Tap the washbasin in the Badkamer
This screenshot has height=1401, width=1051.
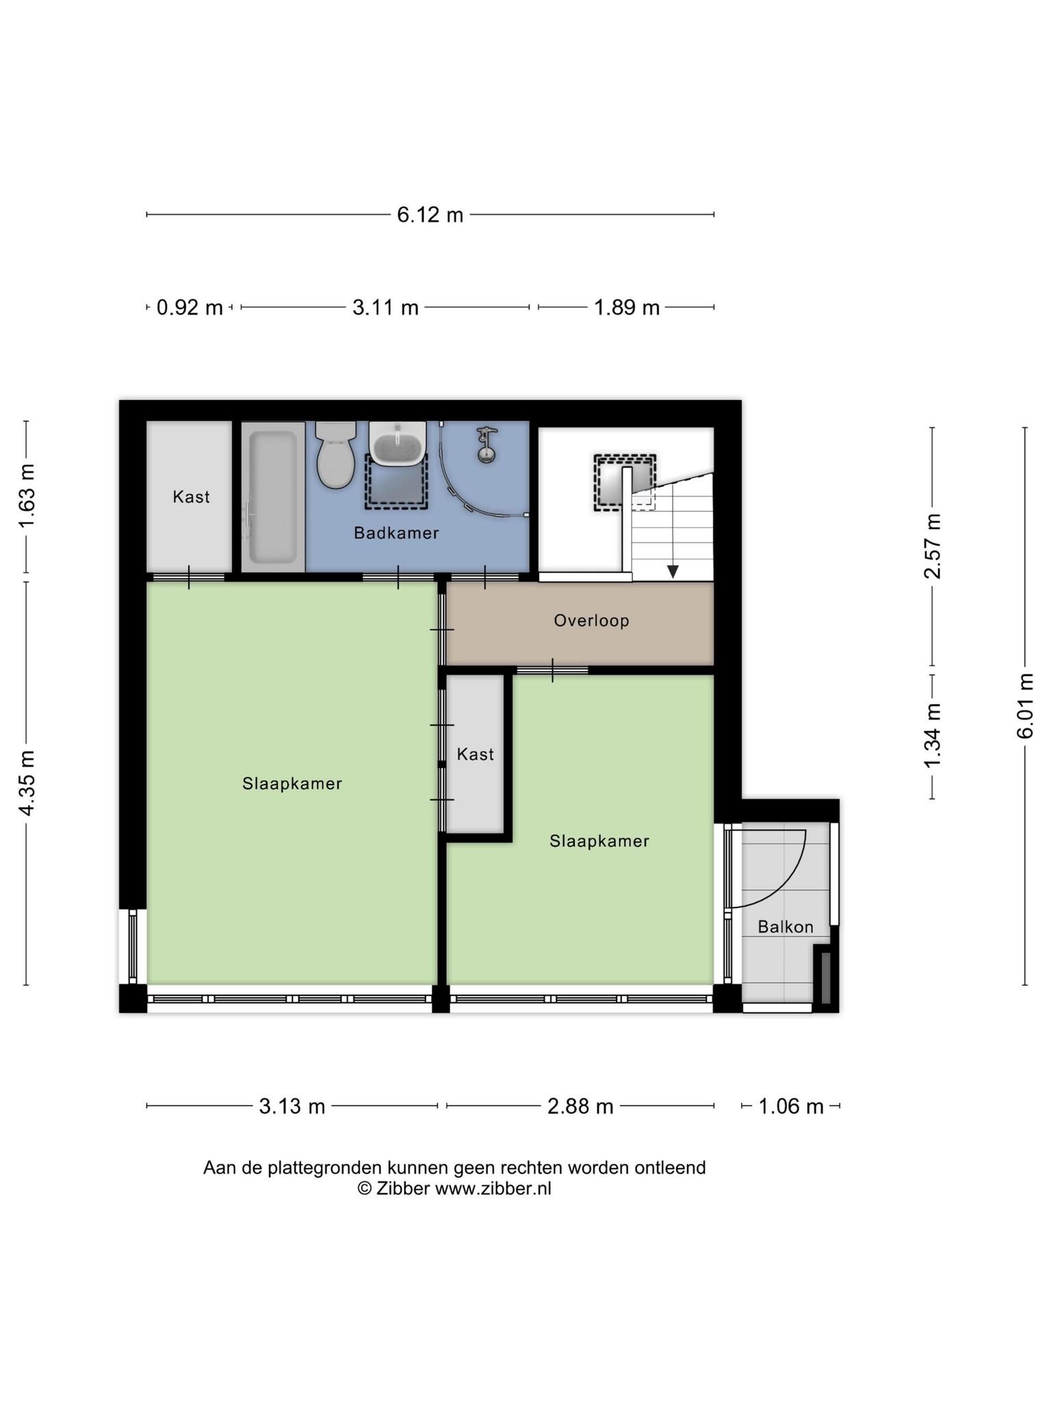coord(398,443)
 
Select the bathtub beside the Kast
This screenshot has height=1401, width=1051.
coord(273,496)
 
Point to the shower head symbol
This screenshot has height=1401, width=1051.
coord(486,444)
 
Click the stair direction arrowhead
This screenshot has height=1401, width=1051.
coord(673,571)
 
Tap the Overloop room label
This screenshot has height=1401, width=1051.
coord(591,620)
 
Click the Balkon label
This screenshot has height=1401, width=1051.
coord(786,927)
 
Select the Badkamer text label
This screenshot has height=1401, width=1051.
coord(396,533)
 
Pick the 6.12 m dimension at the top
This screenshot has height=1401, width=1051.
coord(430,215)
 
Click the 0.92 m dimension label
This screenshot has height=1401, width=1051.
coord(190,308)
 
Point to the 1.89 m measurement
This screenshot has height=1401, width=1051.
coord(626,308)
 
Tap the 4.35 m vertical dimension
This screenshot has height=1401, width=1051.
coord(27,783)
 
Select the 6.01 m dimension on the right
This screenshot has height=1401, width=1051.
coord(1024,705)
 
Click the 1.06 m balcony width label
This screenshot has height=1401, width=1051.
coord(790,1106)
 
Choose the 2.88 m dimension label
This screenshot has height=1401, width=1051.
coord(580,1106)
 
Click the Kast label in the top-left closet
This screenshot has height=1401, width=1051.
coord(191,497)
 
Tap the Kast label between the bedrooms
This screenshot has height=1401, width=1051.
coord(475,754)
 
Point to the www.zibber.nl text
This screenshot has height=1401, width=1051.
coord(493,1188)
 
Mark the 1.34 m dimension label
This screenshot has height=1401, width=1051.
coord(932,735)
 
